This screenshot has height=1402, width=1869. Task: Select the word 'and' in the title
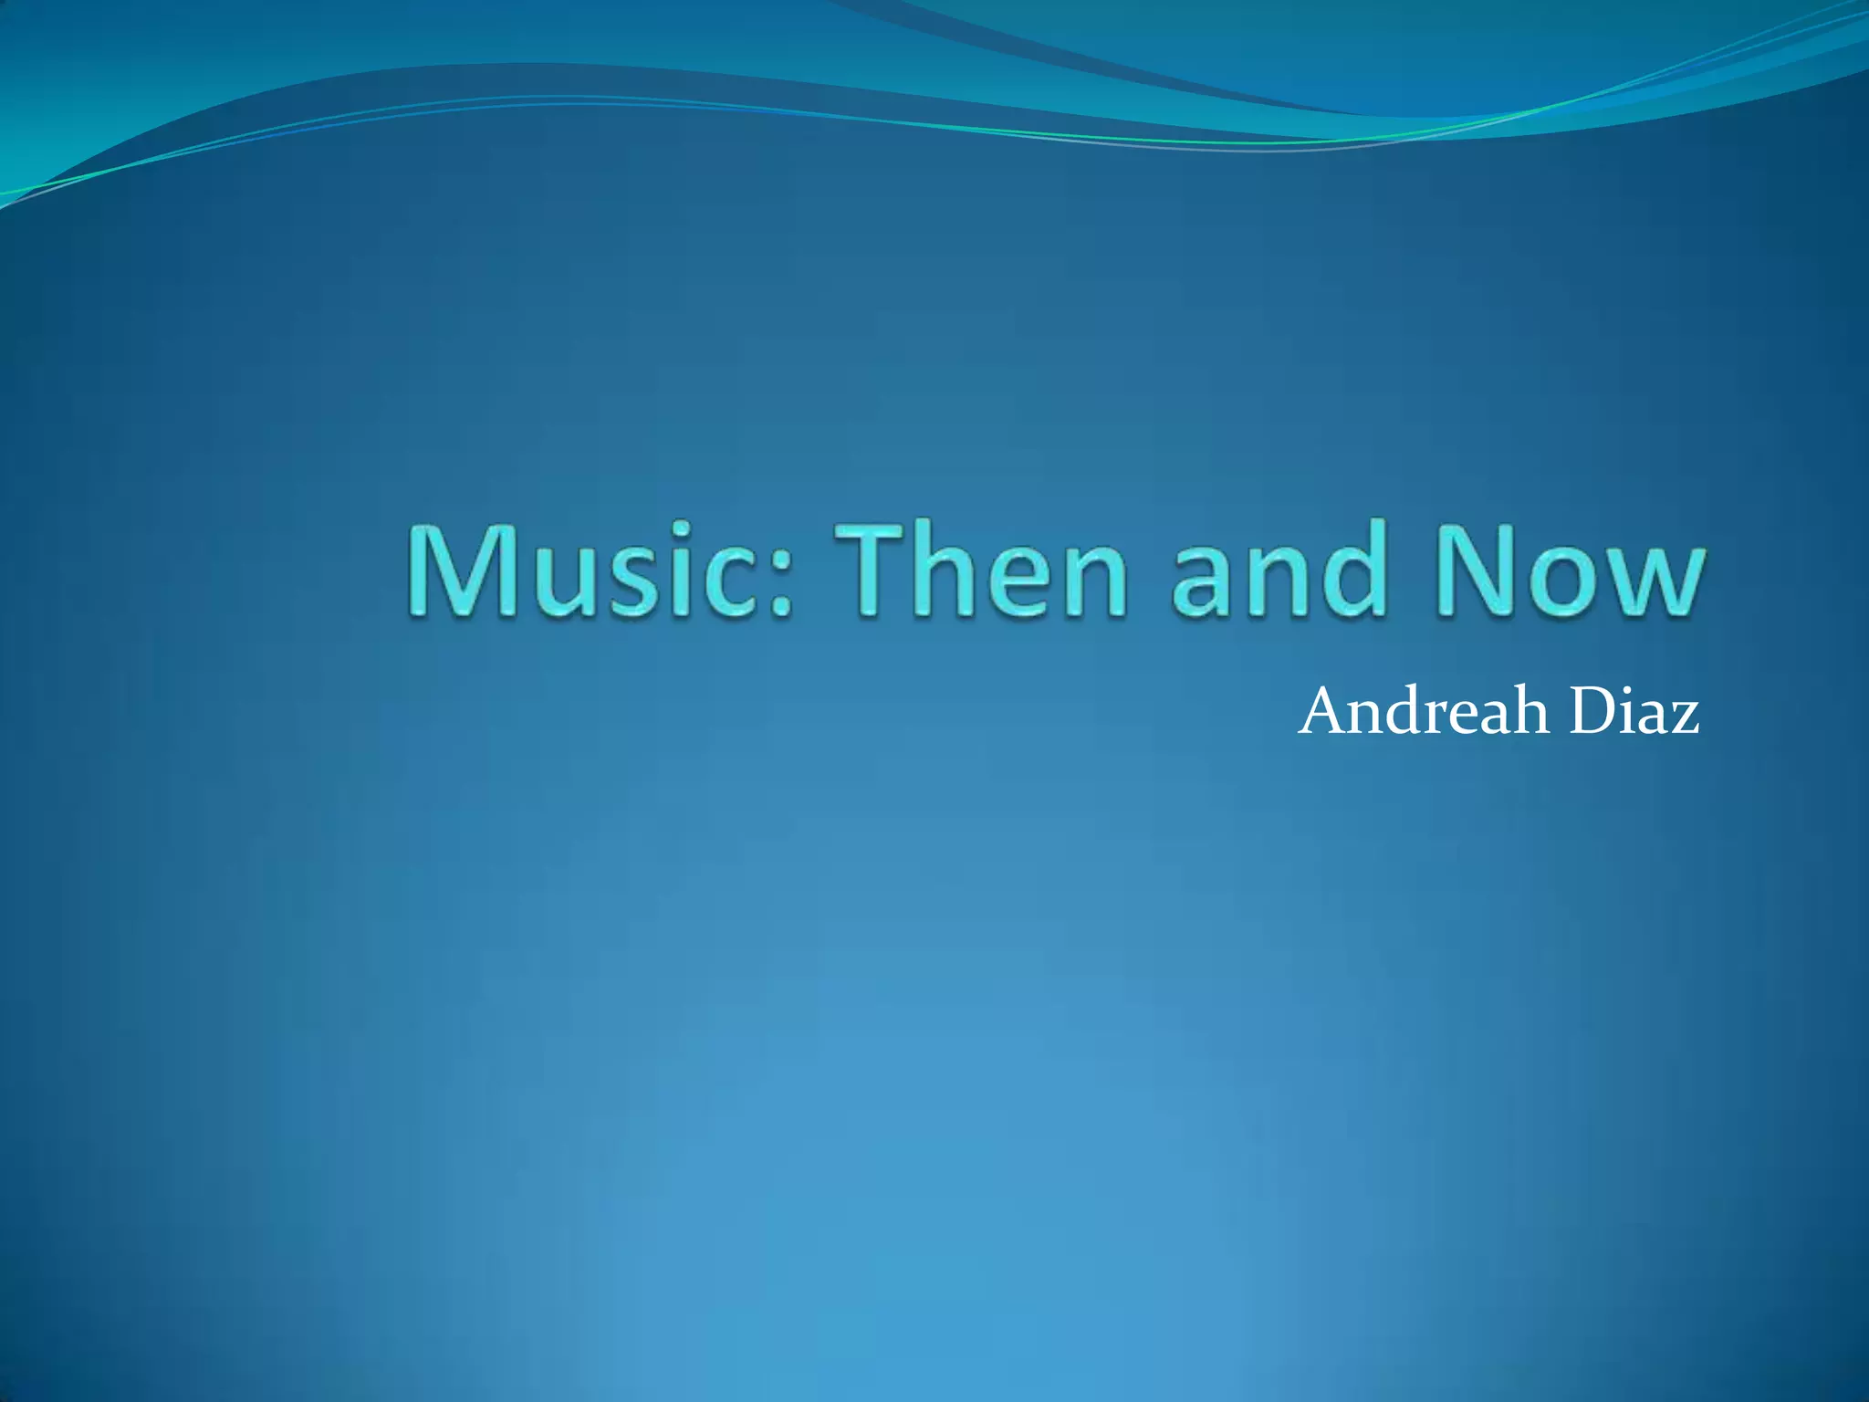1278,570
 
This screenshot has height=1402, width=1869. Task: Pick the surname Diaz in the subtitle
1634,711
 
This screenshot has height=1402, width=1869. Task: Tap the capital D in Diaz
1592,711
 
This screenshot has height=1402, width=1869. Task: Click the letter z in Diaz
1684,717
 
